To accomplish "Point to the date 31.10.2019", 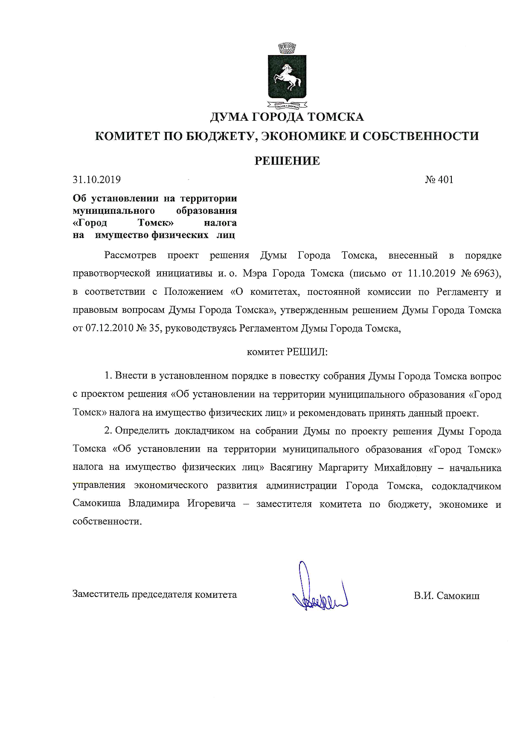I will pyautogui.click(x=97, y=180).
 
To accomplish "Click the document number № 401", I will pyautogui.click(x=439, y=180).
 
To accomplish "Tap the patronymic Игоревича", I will pyautogui.click(x=211, y=504).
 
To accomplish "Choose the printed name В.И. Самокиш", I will pyautogui.click(x=446, y=596).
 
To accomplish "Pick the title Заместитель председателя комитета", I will pyautogui.click(x=155, y=594).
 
